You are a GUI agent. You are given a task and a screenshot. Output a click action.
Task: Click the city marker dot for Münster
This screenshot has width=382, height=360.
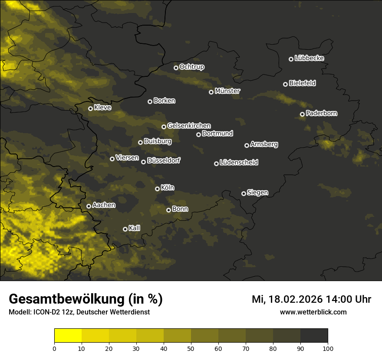tap(211, 92)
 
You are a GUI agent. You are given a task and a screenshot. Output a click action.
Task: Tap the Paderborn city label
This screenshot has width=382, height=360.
tap(321, 113)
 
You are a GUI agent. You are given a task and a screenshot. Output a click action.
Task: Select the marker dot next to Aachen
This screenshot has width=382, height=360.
tap(89, 206)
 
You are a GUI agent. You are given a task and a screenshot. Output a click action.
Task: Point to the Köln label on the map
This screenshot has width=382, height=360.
tap(168, 188)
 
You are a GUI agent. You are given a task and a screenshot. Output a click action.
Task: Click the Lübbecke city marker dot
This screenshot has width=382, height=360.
tap(291, 59)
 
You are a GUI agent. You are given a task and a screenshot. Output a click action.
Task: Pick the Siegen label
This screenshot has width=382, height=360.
tap(257, 193)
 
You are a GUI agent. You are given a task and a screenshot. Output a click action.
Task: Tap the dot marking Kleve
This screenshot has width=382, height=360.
tap(91, 108)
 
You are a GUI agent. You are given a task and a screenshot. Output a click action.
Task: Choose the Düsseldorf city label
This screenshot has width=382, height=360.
tap(164, 160)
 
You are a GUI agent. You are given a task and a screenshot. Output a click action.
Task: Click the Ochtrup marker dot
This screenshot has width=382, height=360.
tap(176, 68)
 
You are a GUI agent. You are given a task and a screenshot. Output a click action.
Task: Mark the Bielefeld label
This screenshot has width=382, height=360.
tap(302, 83)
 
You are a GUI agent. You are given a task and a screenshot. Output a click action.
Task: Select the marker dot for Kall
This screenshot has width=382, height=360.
tap(125, 229)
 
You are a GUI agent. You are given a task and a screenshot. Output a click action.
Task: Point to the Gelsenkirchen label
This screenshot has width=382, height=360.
tap(189, 126)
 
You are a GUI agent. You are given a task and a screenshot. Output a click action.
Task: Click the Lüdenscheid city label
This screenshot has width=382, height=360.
tap(239, 163)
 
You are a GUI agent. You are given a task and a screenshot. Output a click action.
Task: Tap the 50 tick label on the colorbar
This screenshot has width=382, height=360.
tap(191, 348)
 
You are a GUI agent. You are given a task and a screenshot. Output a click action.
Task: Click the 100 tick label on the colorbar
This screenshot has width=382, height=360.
tap(328, 348)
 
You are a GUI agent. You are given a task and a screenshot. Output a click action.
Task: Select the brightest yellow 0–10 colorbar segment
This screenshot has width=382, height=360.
tap(68, 335)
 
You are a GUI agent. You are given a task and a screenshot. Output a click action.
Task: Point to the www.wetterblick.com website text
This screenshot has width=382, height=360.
tap(313, 312)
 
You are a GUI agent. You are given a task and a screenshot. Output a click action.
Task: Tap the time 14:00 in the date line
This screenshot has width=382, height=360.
tap(334, 299)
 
